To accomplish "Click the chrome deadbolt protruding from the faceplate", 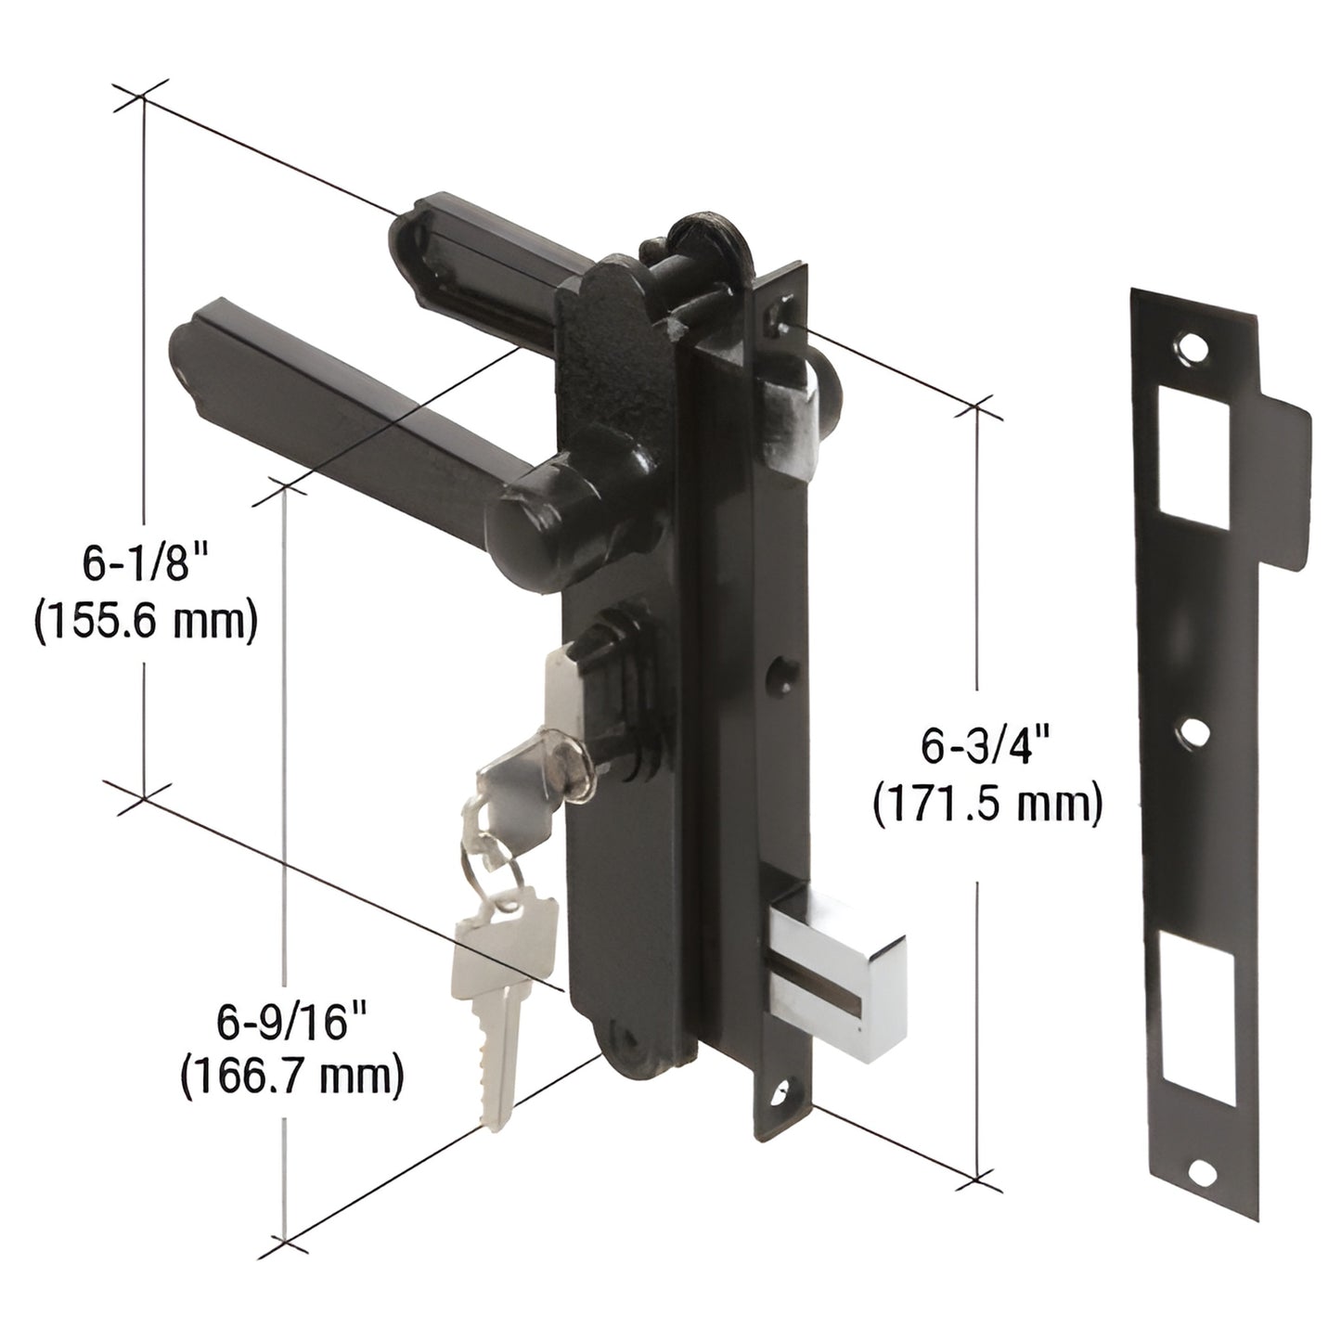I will pyautogui.click(x=841, y=965).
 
